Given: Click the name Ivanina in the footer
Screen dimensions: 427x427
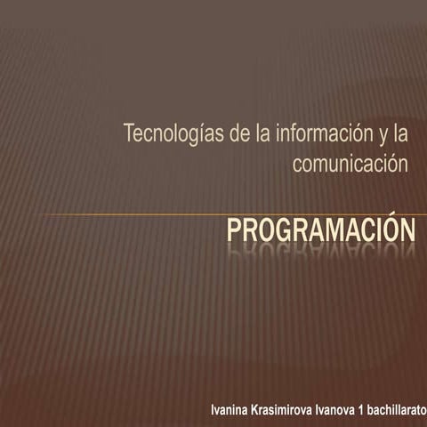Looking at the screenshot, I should coord(231,411).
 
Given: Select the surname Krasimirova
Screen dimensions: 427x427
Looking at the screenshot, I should coord(282,411).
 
